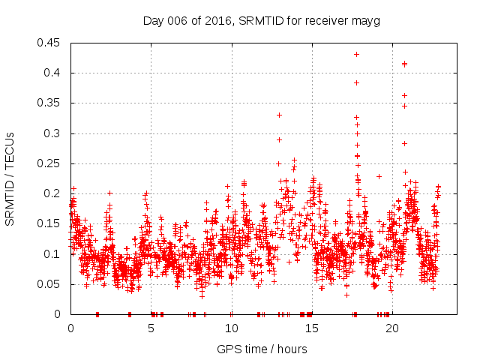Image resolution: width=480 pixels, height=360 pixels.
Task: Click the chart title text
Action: coord(262,21)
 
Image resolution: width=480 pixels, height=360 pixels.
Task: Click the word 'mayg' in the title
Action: coord(367,21)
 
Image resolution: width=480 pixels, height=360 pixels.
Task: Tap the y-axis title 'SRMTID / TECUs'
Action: coord(10,178)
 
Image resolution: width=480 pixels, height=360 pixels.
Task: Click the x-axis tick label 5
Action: coord(151,328)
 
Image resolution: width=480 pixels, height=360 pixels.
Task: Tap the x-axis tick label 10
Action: coord(231,328)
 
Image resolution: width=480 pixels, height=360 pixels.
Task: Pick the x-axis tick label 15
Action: coord(311,328)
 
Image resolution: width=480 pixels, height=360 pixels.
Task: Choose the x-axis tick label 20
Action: coord(392,328)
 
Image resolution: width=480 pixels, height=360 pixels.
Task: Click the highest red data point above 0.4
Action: coord(356,54)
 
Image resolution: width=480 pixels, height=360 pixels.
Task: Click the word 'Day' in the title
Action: coord(153,21)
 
